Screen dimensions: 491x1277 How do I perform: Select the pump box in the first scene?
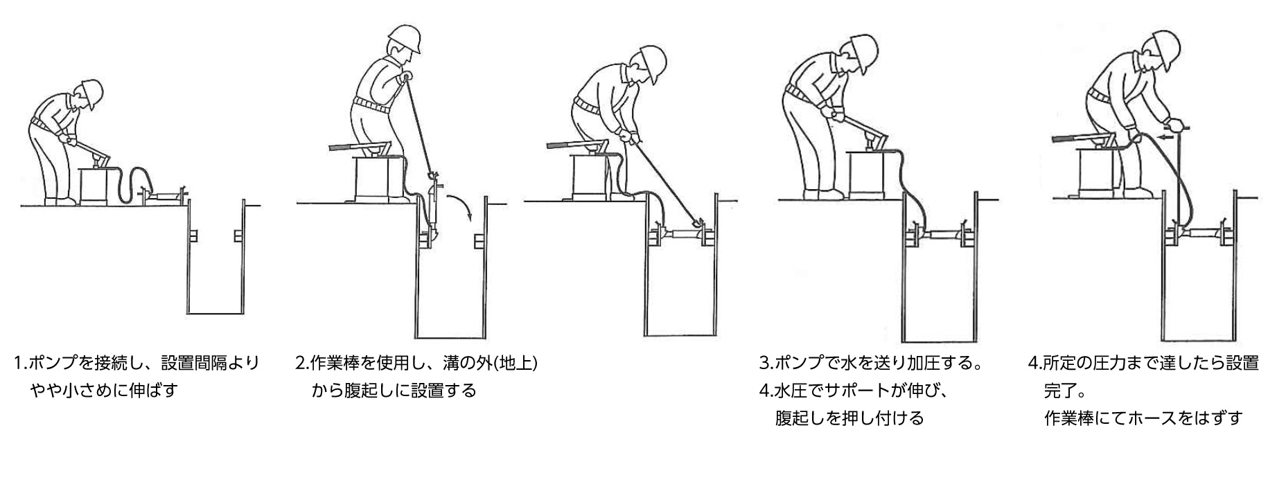[96, 184]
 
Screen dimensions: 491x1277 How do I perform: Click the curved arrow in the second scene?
[460, 206]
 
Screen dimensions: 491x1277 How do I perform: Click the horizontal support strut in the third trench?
[682, 235]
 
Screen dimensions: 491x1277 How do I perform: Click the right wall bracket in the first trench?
[238, 236]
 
